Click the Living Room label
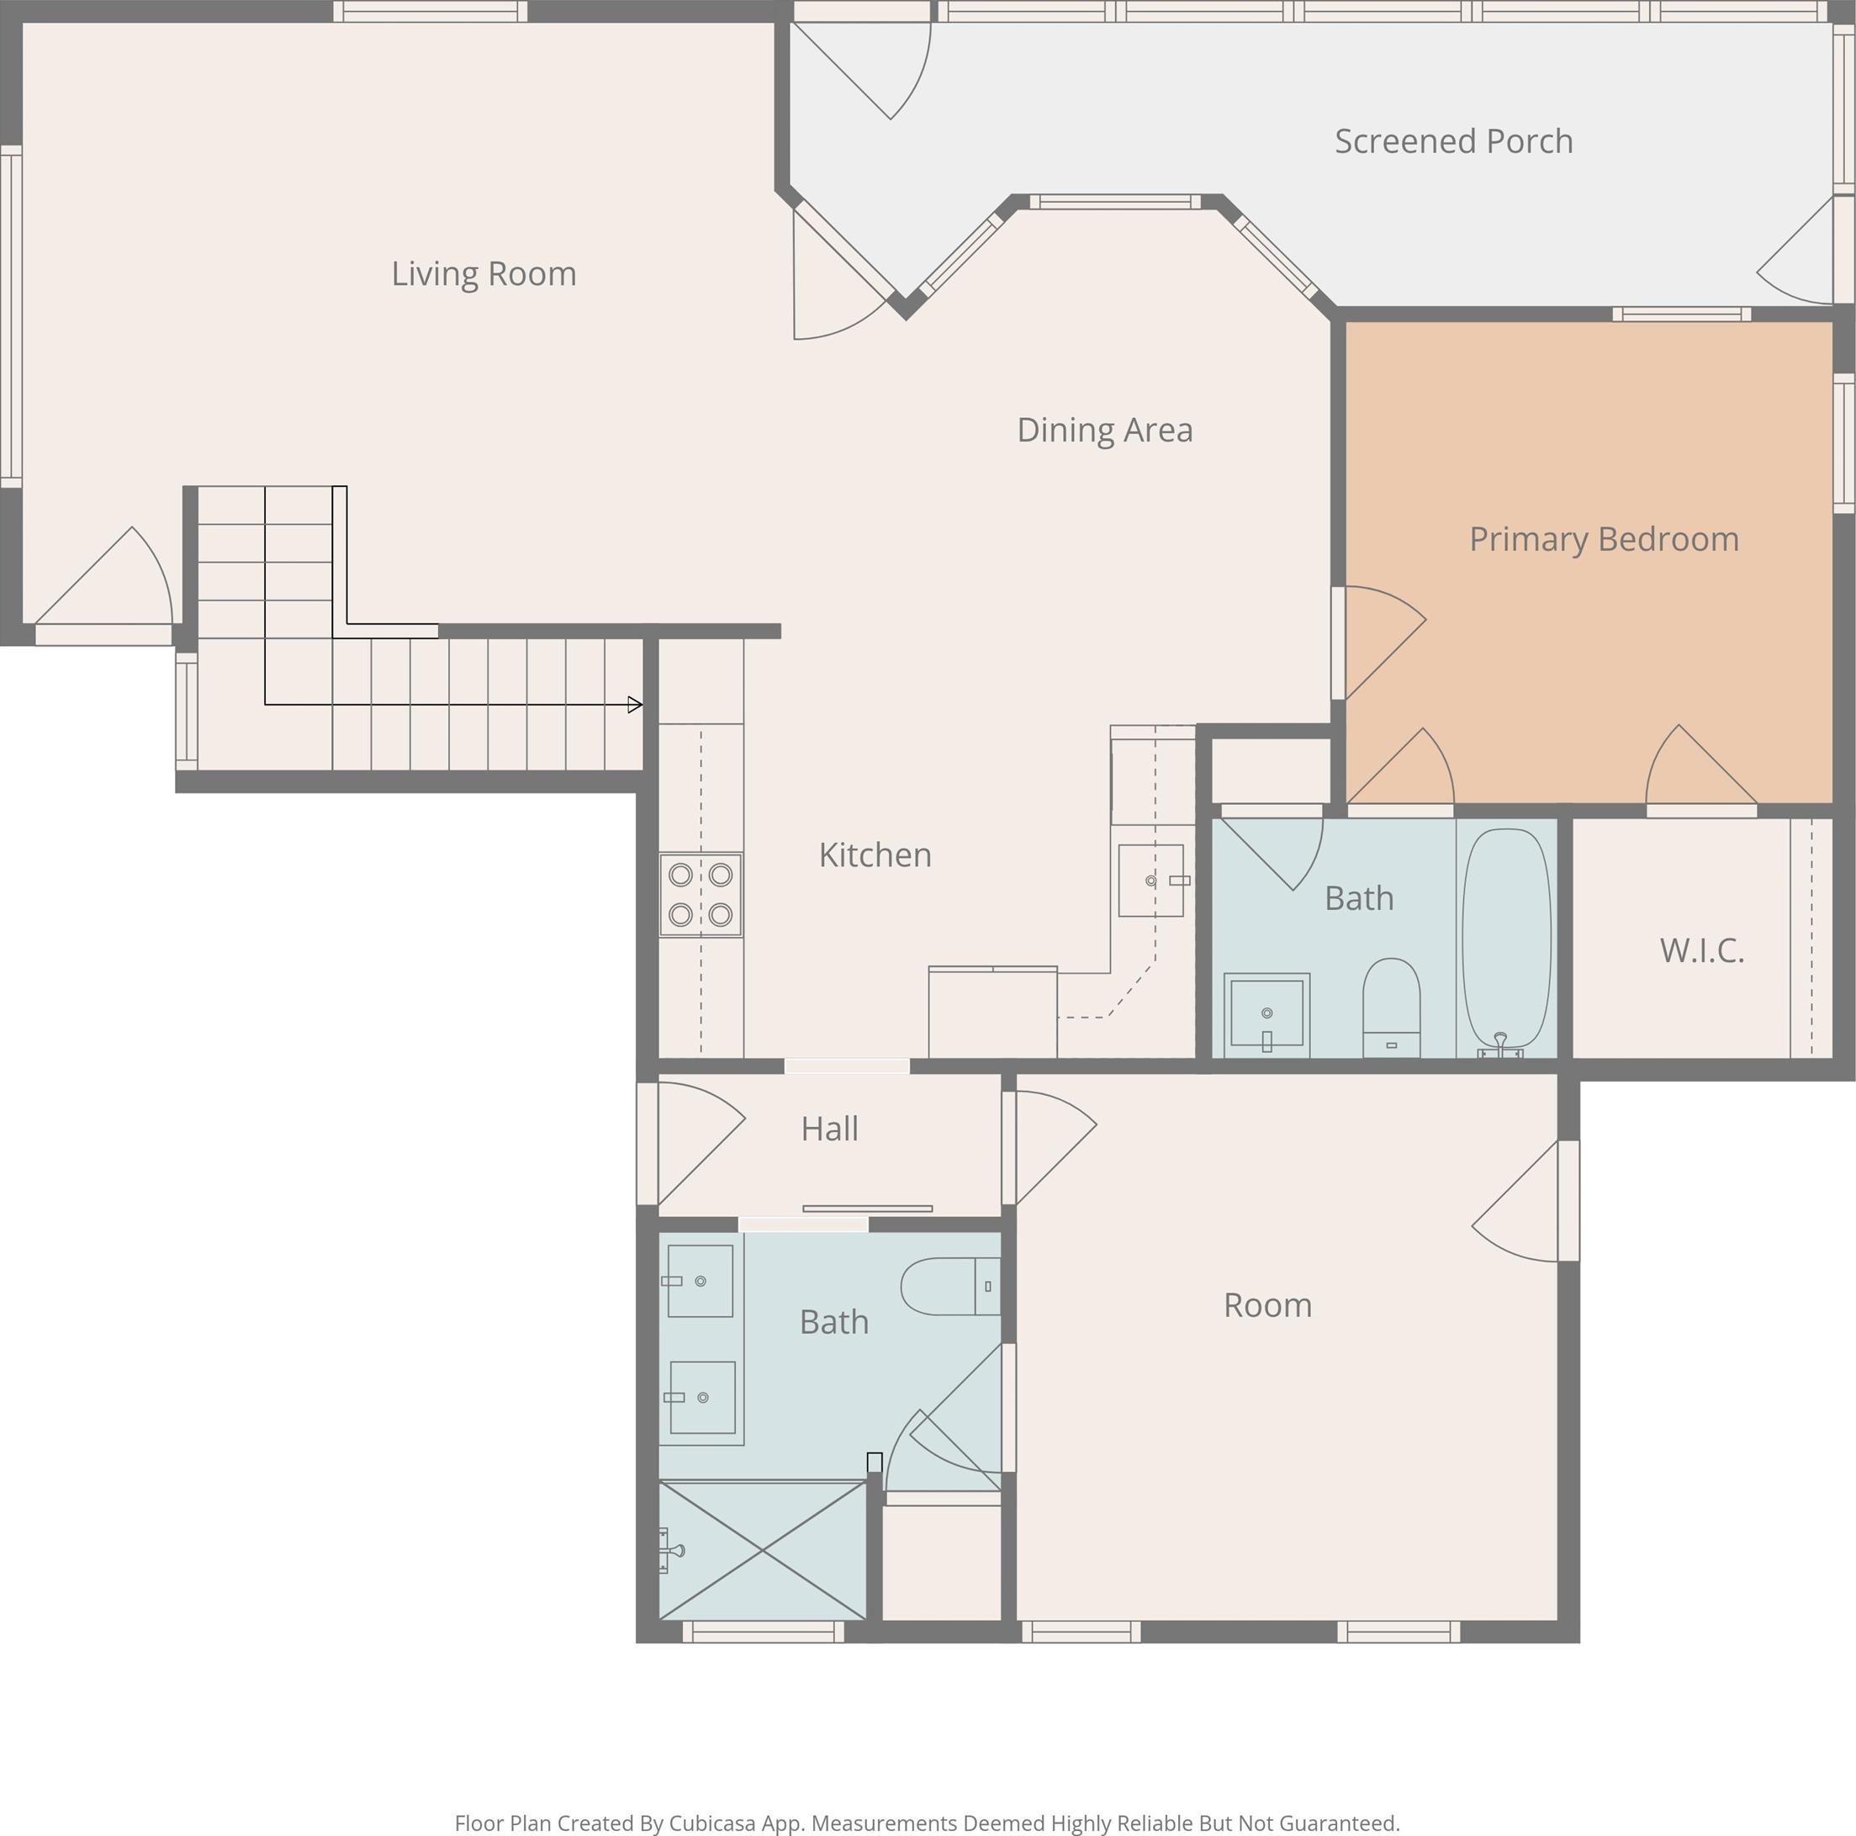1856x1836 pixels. (x=484, y=274)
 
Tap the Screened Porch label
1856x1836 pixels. (x=1453, y=141)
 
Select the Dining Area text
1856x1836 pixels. (x=1105, y=431)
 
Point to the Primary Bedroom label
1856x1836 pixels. (x=1604, y=539)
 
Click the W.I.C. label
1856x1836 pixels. (x=1701, y=950)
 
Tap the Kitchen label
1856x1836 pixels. (x=875, y=855)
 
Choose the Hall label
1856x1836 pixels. (x=829, y=1129)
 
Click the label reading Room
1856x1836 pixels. (x=1267, y=1305)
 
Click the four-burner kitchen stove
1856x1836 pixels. (x=701, y=895)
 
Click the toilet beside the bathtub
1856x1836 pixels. (x=1391, y=1008)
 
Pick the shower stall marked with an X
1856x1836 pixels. (x=763, y=1551)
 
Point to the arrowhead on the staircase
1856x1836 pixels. (x=635, y=705)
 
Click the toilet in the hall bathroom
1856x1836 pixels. (x=951, y=1287)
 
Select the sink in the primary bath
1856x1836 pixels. (x=1266, y=1014)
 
